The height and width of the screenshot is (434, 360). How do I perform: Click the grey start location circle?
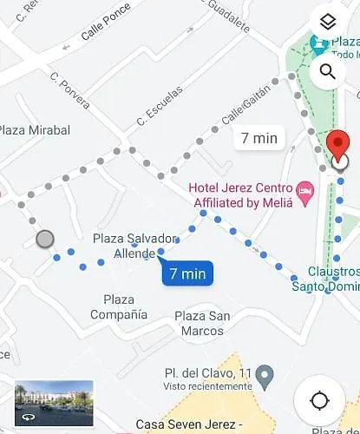(x=45, y=239)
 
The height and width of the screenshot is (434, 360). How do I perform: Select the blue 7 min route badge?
(x=187, y=273)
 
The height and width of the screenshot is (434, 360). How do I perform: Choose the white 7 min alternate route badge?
(x=259, y=137)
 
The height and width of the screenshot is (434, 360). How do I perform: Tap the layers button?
(x=327, y=23)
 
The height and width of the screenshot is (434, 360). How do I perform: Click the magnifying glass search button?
(x=327, y=71)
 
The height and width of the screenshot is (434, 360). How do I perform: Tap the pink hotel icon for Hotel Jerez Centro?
(x=304, y=189)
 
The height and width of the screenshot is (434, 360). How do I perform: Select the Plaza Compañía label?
(x=119, y=307)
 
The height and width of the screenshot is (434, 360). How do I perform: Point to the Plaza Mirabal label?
(x=32, y=130)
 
